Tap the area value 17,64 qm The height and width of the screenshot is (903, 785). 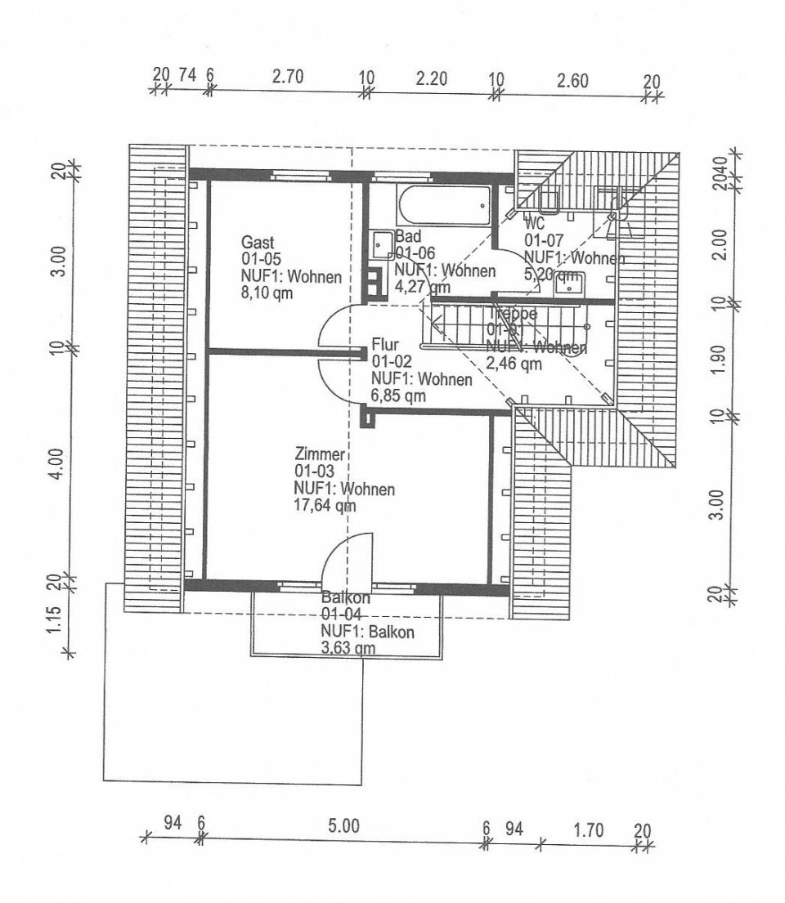tap(324, 506)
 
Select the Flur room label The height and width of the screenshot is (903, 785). tap(384, 344)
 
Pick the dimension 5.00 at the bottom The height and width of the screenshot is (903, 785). tap(344, 825)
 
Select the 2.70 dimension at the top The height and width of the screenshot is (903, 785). tap(287, 78)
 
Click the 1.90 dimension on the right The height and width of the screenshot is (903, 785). tap(719, 359)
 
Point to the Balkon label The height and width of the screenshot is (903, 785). tap(346, 597)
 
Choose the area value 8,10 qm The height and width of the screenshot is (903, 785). tap(266, 294)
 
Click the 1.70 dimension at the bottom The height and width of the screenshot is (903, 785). tap(589, 831)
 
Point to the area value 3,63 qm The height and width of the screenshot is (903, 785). tap(349, 649)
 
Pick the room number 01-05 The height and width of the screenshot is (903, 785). tap(262, 259)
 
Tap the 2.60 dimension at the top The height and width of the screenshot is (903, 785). tap(572, 79)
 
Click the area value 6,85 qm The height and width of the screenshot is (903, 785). tap(399, 396)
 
